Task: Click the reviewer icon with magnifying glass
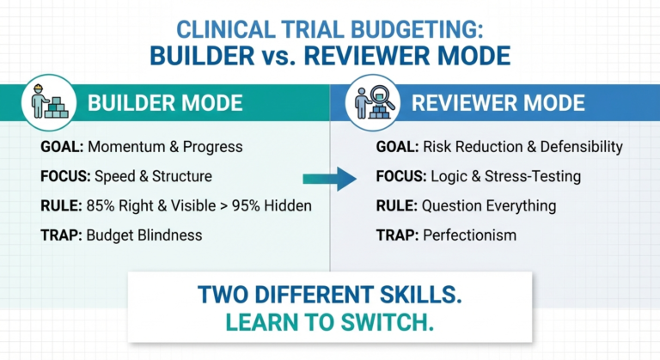pos(376,103)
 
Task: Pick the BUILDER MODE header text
pos(165,104)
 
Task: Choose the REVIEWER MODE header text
pos(498,104)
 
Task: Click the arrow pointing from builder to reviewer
pos(330,179)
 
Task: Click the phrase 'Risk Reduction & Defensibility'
pos(523,147)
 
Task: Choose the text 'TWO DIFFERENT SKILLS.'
pos(330,293)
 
